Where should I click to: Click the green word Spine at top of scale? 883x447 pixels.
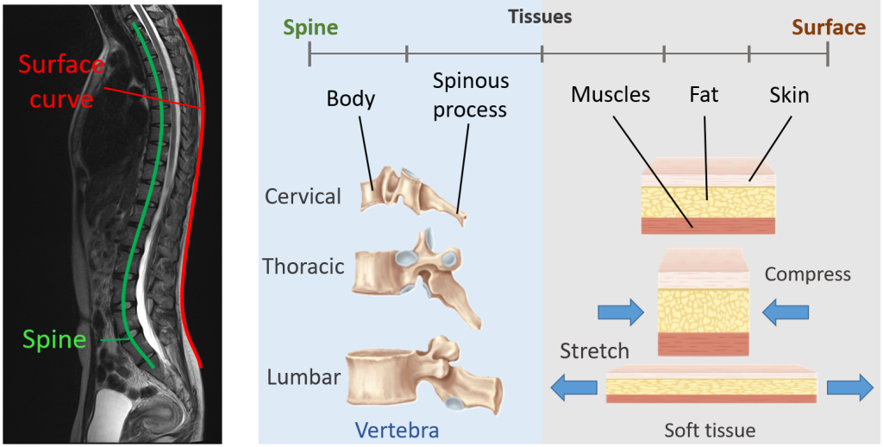coord(310,28)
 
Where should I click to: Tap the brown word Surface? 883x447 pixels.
coord(828,28)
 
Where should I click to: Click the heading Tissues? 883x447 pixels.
coord(540,16)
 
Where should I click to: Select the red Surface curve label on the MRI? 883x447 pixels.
coord(61,82)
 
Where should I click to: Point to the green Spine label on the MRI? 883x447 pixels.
coord(55,339)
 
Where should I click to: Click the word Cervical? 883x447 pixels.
coord(303,196)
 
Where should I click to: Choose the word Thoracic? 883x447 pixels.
coord(304,266)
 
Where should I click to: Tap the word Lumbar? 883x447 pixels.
coord(304,377)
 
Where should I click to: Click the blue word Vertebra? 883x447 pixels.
coord(400,430)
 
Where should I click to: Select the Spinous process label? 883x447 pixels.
coord(471,96)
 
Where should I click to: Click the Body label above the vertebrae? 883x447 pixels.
coord(351,99)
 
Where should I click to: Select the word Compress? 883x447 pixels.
coord(807,274)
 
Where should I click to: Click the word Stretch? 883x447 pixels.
coord(594,350)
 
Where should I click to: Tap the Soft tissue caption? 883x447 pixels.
coord(710,430)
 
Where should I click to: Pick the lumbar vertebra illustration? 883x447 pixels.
coord(420,377)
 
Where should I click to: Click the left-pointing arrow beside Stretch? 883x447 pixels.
coord(574,387)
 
